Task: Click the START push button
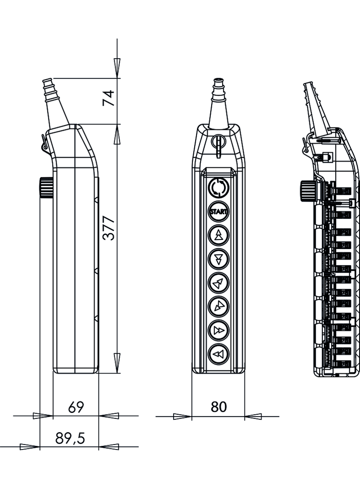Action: click(x=219, y=211)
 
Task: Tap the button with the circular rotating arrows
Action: click(x=219, y=188)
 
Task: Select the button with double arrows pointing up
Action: click(x=219, y=235)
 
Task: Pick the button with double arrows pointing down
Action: click(x=219, y=259)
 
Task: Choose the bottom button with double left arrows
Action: click(x=219, y=354)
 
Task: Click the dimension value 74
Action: click(x=108, y=98)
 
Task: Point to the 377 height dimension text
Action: click(x=109, y=228)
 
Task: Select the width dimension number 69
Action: click(x=76, y=407)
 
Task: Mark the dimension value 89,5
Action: click(x=70, y=439)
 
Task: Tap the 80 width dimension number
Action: click(x=219, y=407)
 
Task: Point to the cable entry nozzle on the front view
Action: click(x=219, y=103)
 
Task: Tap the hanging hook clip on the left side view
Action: click(x=45, y=143)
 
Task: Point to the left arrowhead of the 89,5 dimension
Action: click(x=29, y=446)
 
